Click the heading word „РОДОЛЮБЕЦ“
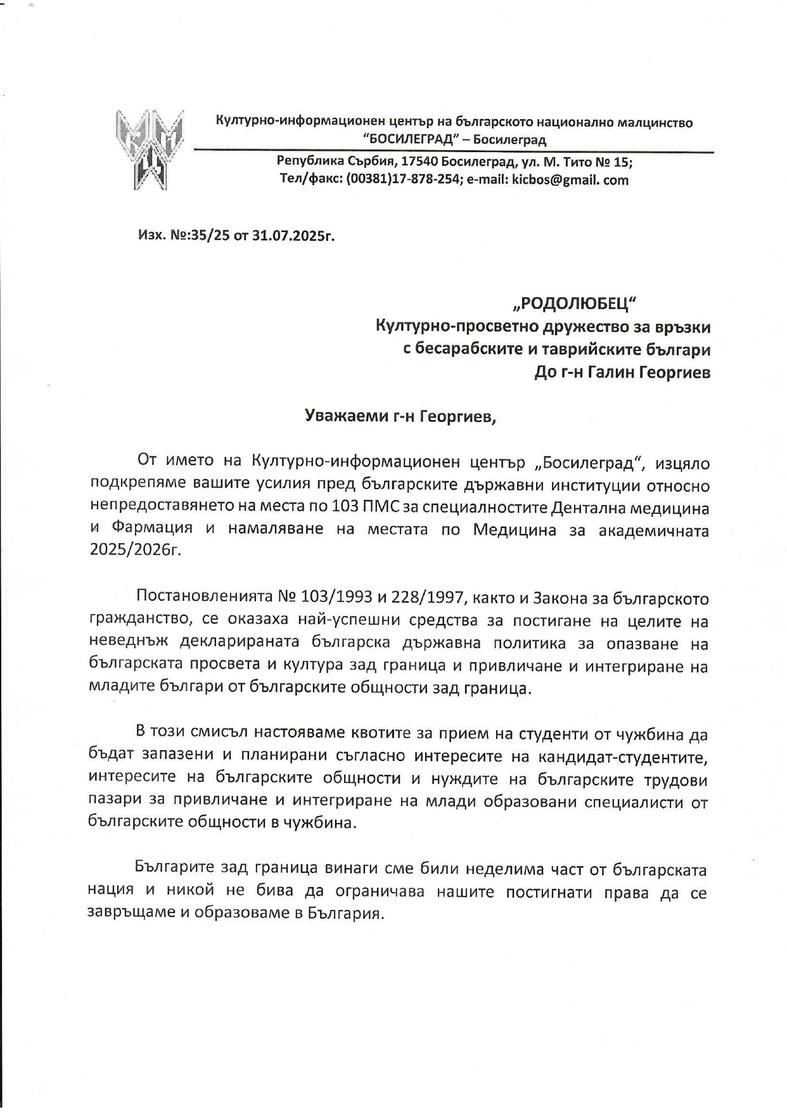[x=573, y=305]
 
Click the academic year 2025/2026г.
[x=135, y=549]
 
